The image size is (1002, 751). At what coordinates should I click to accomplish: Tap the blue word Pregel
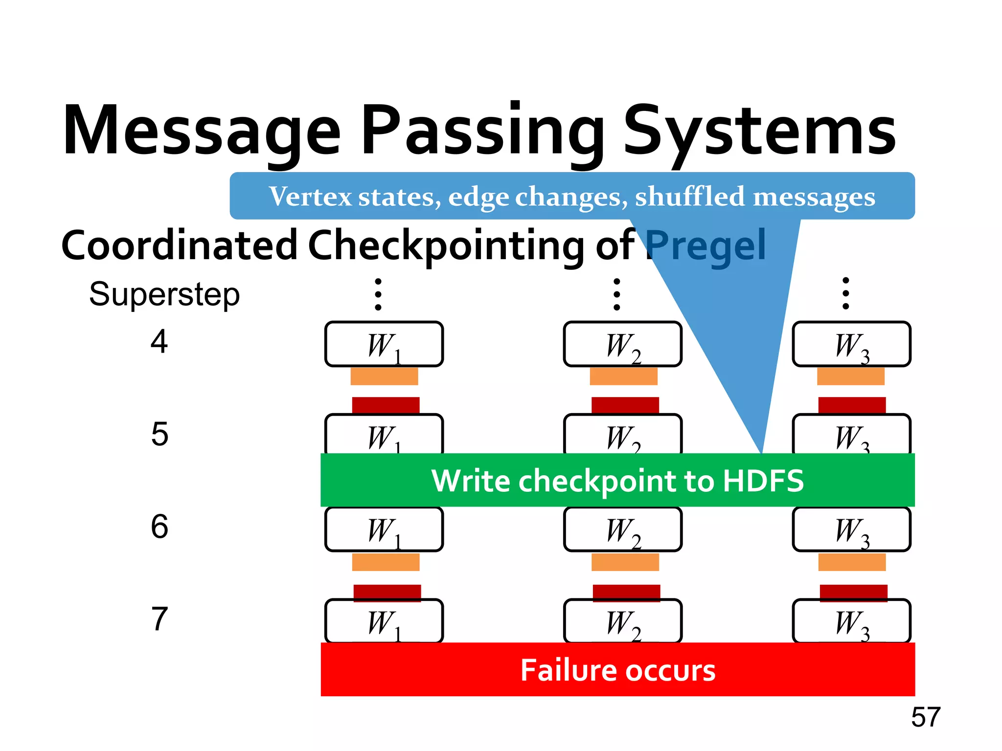pyautogui.click(x=706, y=245)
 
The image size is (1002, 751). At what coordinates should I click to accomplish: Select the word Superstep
pyautogui.click(x=164, y=295)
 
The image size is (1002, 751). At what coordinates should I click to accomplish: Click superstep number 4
pyautogui.click(x=159, y=341)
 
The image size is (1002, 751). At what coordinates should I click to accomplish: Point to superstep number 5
pyautogui.click(x=159, y=434)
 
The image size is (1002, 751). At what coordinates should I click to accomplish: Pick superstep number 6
pyautogui.click(x=159, y=527)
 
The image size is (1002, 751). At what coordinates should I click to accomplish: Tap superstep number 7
pyautogui.click(x=159, y=619)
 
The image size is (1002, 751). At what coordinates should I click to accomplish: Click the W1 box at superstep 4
pyautogui.click(x=384, y=344)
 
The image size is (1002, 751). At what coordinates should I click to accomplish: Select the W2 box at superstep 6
pyautogui.click(x=623, y=529)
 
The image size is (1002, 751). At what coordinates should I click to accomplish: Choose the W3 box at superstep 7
pyautogui.click(x=851, y=621)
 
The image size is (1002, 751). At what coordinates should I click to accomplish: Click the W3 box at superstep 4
pyautogui.click(x=851, y=344)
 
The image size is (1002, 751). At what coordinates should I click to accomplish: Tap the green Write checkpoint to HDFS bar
pyautogui.click(x=617, y=480)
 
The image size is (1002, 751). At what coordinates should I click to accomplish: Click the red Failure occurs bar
pyautogui.click(x=617, y=670)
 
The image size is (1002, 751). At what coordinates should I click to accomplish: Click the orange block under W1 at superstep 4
pyautogui.click(x=384, y=376)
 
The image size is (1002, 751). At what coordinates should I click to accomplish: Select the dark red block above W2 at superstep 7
pyautogui.click(x=626, y=592)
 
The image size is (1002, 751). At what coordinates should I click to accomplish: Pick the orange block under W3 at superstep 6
pyautogui.click(x=852, y=562)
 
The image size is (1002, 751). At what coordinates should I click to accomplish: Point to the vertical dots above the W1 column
pyautogui.click(x=378, y=294)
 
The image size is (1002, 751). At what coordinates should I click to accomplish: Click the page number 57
pyautogui.click(x=926, y=717)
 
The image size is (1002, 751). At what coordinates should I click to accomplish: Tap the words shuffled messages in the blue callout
pyautogui.click(x=755, y=197)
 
